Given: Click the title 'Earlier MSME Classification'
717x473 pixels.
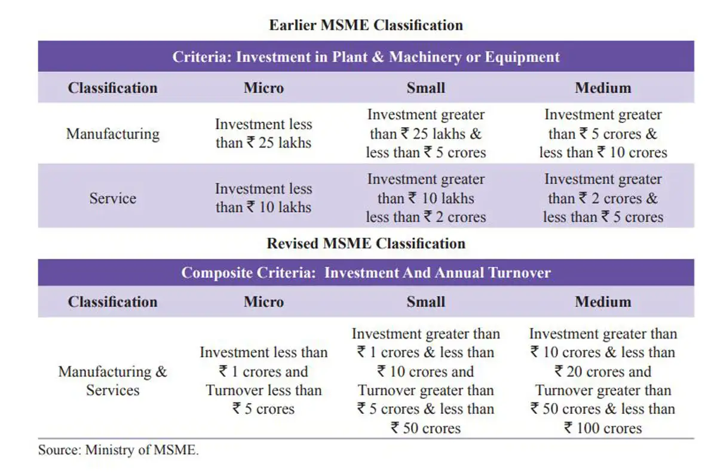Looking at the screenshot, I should pyautogui.click(x=366, y=25).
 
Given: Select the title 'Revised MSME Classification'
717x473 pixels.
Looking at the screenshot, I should pyautogui.click(x=366, y=244).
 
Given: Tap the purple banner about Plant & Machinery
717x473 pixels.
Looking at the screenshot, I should pyautogui.click(x=366, y=57).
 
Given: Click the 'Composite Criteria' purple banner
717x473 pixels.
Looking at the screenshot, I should pyautogui.click(x=366, y=273).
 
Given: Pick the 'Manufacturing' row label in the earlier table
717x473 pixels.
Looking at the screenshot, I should pyautogui.click(x=112, y=133).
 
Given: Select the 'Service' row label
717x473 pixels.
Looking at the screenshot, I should pyautogui.click(x=112, y=198).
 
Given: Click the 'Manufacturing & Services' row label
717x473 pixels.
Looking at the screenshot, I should pyautogui.click(x=112, y=380).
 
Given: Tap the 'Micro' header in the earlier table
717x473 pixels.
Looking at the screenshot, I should pyautogui.click(x=263, y=88).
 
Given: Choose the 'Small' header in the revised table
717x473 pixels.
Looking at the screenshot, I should pyautogui.click(x=425, y=302).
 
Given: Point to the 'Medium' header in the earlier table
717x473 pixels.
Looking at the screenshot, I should pyautogui.click(x=603, y=88).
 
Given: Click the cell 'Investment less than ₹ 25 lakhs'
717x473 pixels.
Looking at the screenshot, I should pyautogui.click(x=263, y=133).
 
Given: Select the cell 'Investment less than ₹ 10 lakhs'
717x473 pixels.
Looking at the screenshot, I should pyautogui.click(x=263, y=198).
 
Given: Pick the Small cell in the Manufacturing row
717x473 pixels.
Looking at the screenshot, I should pyautogui.click(x=425, y=133).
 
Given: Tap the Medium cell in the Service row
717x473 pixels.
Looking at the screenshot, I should pyautogui.click(x=603, y=198).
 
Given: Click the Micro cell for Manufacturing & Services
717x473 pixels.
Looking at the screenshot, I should pyautogui.click(x=263, y=380).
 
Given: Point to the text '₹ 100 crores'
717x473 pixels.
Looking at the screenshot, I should pyautogui.click(x=603, y=428).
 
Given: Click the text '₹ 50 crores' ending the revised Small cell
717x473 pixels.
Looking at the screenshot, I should pyautogui.click(x=425, y=428).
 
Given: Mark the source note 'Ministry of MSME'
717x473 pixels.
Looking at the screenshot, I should pyautogui.click(x=118, y=450).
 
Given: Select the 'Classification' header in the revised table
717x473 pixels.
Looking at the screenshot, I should pyautogui.click(x=112, y=302).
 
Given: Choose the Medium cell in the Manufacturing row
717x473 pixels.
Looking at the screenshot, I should pyautogui.click(x=603, y=133).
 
